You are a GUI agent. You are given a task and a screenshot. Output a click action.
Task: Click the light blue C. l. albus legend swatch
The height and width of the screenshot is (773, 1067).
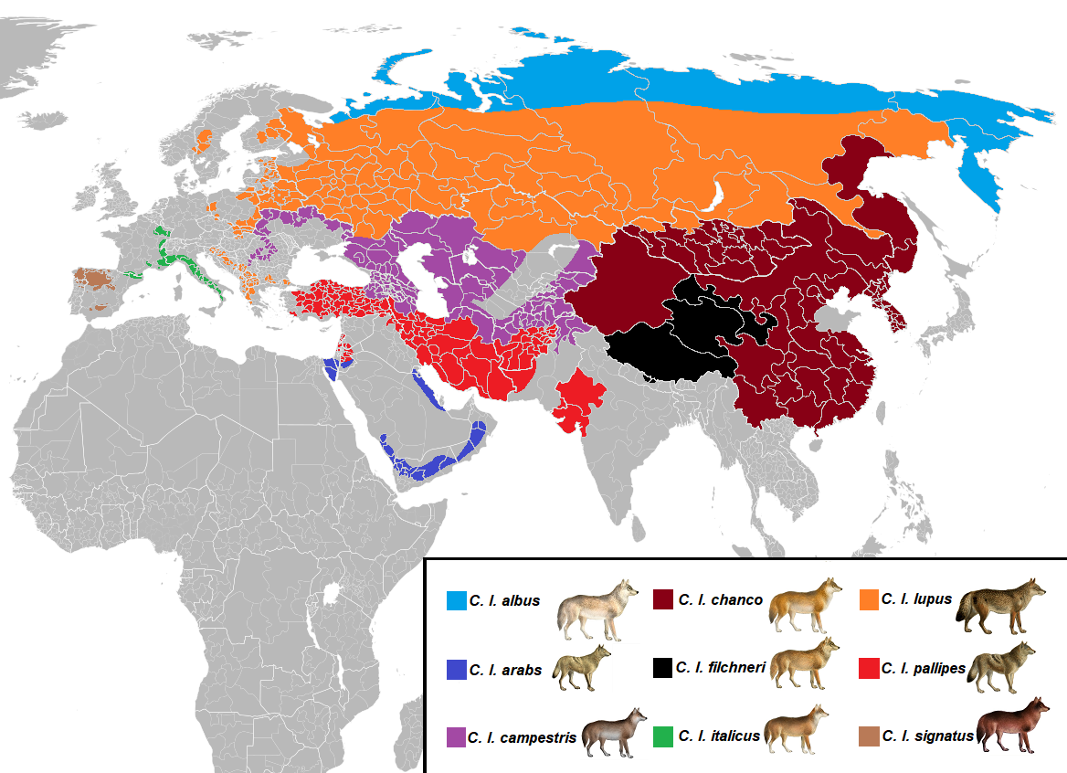tap(456, 600)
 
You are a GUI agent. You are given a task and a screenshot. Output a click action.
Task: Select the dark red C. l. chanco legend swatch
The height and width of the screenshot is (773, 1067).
tap(664, 599)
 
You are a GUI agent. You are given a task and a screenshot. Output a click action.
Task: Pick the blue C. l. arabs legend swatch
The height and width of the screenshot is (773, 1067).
tap(456, 669)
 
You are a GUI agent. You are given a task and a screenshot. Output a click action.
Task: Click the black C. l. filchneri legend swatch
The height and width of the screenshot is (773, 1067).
tap(663, 668)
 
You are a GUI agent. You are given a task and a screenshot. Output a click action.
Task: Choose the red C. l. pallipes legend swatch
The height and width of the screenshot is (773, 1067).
tap(870, 668)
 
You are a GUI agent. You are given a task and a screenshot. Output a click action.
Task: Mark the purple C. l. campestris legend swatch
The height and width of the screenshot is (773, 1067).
tap(456, 736)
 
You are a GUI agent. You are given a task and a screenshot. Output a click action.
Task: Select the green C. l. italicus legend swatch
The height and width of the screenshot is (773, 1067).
tap(664, 736)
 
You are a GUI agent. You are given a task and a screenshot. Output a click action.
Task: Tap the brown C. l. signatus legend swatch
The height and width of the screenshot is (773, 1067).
tap(870, 736)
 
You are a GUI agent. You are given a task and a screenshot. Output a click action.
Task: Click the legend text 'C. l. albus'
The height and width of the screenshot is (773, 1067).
tap(504, 601)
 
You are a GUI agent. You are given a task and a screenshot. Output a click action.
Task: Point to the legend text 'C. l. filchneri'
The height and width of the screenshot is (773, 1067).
tap(720, 668)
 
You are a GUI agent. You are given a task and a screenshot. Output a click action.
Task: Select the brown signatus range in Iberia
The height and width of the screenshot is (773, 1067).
tap(95, 278)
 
